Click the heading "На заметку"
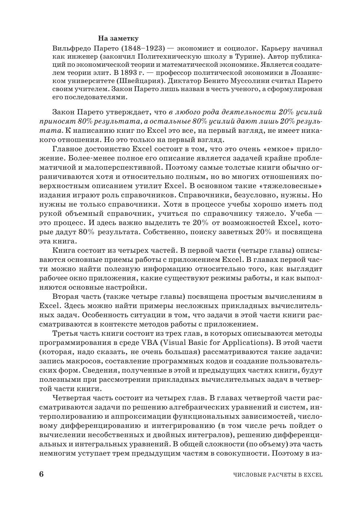(x=118, y=38)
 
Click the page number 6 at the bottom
(x=41, y=474)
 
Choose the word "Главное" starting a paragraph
(x=66, y=149)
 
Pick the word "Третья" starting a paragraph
(x=65, y=333)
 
